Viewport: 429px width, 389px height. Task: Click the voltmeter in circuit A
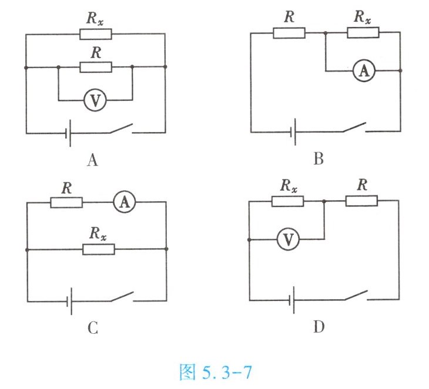(x=95, y=100)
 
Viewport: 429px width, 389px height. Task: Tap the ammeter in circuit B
(x=364, y=71)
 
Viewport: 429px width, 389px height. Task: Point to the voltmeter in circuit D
(x=289, y=239)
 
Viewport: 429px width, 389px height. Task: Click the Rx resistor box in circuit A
(x=95, y=34)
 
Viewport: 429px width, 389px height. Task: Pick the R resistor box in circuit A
(x=95, y=67)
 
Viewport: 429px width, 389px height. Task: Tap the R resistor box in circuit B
(x=289, y=33)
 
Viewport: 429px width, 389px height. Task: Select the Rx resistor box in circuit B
(x=363, y=33)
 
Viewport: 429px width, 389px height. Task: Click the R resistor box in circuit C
(x=66, y=202)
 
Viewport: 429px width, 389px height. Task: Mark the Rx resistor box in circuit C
(x=99, y=249)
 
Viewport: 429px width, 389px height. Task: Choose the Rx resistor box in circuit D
(x=287, y=201)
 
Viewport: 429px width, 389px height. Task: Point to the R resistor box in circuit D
(x=361, y=201)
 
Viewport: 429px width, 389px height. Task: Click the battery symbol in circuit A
(x=68, y=134)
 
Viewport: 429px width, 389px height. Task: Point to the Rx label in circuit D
(x=288, y=186)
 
